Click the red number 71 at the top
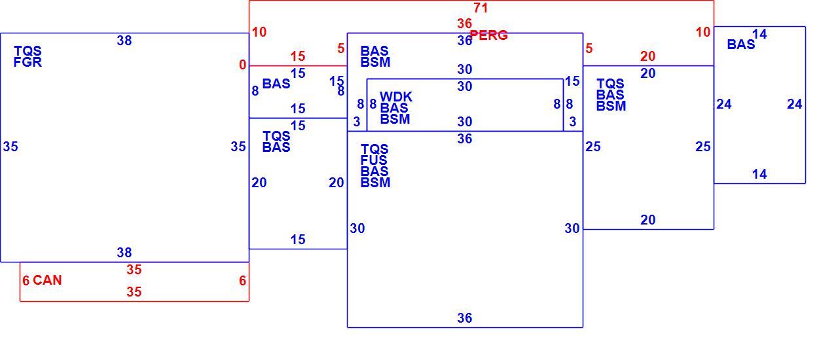coord(481,8)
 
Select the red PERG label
coord(488,35)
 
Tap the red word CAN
coord(47,280)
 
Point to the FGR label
coord(27,62)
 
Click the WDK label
coord(396,97)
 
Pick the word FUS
coord(374,160)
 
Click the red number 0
coord(243,65)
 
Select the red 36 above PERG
coord(464,24)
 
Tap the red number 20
coord(647,56)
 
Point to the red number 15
coord(298,56)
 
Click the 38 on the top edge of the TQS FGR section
coord(124,41)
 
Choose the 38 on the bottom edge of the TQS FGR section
coord(124,253)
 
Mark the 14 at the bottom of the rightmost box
coord(759,174)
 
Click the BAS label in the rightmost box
coord(740,45)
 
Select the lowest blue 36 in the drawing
coord(464,318)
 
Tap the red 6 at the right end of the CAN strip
coord(243,281)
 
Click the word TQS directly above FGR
coord(27,51)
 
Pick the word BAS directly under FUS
coord(374,171)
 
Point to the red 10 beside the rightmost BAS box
coord(703,32)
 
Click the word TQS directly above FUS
coord(374,149)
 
